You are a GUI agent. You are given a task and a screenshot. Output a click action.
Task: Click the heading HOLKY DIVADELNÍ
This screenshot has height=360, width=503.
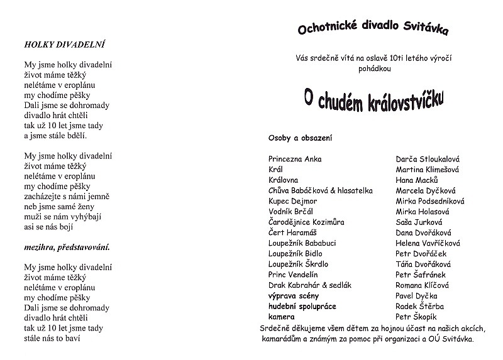click(64, 45)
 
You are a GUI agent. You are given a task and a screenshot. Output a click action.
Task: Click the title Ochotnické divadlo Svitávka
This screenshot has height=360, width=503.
click(373, 29)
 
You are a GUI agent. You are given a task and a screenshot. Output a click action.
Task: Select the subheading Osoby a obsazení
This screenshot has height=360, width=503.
click(300, 138)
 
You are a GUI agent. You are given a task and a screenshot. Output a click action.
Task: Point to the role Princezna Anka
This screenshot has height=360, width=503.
click(295, 159)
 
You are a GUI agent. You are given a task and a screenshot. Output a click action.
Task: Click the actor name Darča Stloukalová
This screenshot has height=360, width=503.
click(428, 159)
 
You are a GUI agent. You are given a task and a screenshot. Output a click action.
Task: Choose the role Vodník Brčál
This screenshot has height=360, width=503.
click(290, 212)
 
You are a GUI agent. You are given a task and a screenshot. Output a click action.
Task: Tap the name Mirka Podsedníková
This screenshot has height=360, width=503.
click(430, 201)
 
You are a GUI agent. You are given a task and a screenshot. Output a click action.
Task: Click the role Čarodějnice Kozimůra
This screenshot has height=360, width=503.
click(307, 222)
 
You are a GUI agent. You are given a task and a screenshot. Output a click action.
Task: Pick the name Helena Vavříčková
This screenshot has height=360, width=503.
click(428, 243)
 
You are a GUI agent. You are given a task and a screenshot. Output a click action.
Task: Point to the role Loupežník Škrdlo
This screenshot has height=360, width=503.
click(298, 265)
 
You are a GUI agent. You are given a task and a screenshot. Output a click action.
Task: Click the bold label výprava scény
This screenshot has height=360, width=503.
click(293, 296)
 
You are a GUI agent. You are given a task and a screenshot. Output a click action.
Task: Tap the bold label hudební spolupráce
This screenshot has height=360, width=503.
click(302, 307)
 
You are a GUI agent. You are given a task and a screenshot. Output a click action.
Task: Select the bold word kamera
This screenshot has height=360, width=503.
click(281, 317)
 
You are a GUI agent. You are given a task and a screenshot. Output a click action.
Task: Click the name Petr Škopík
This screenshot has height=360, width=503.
click(416, 317)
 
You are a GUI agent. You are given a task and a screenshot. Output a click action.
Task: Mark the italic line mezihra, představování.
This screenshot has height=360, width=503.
click(67, 247)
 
